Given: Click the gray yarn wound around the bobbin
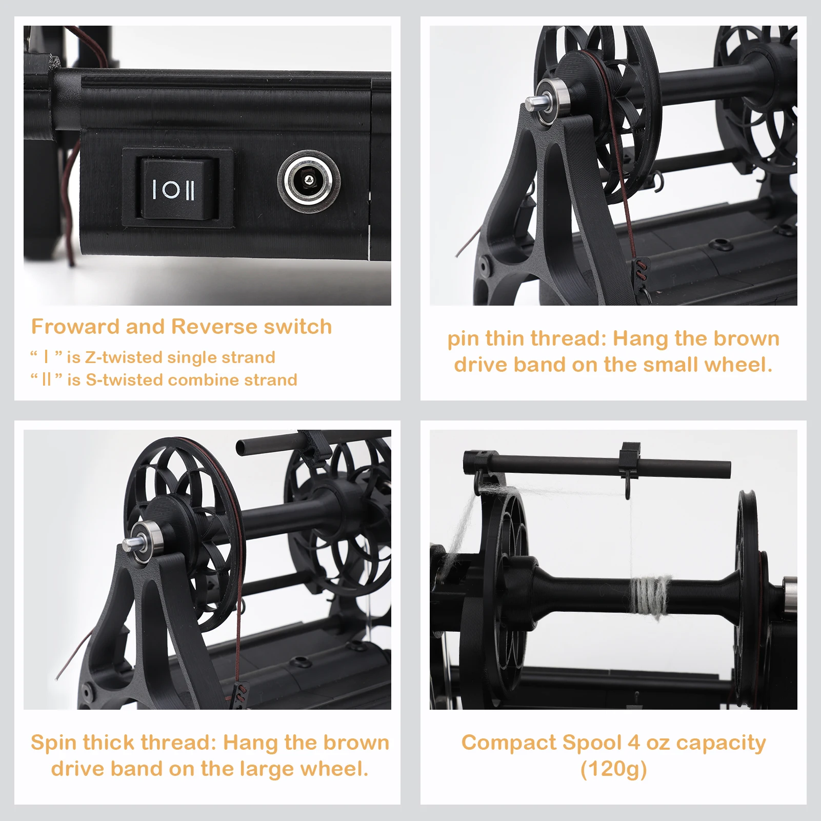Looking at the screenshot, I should point(650,594).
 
